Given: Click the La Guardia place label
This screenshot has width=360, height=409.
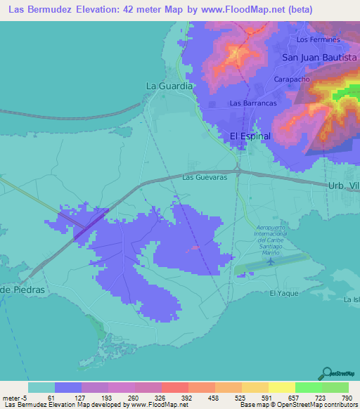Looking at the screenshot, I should pos(169,86).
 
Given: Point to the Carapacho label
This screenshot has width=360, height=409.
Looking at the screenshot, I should pos(292,79).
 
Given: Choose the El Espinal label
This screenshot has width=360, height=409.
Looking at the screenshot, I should pos(250,136).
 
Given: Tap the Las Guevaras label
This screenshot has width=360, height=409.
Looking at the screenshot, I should pos(204,178).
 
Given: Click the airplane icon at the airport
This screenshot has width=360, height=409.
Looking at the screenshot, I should pos(271,261).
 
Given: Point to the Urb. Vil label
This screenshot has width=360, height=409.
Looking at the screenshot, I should pos(343,185).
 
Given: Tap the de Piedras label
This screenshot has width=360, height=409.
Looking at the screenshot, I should pos(22,290).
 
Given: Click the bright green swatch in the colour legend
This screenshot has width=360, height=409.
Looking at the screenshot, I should pos(308,387).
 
